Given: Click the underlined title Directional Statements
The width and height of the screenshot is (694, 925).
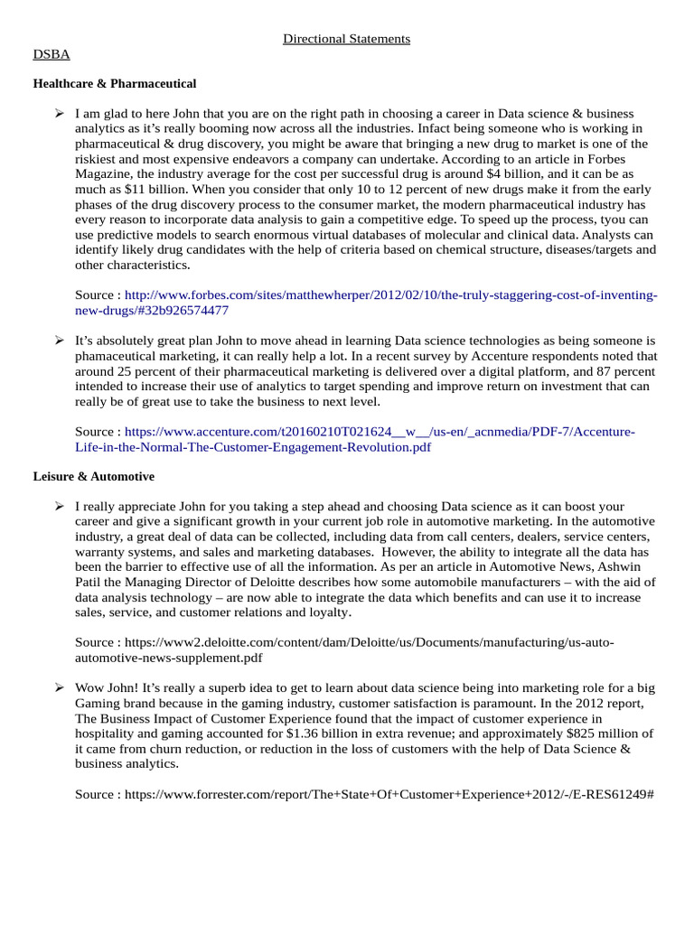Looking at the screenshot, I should [x=347, y=39].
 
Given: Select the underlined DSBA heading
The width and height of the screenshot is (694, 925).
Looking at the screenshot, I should [x=51, y=54].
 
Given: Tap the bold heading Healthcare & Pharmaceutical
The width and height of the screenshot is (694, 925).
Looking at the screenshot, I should [x=115, y=83].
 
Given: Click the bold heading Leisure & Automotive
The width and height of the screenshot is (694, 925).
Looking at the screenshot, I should [x=94, y=476].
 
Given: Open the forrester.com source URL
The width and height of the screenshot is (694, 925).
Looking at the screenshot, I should [x=388, y=794].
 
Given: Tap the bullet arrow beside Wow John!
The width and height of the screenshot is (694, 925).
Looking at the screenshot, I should [x=59, y=688].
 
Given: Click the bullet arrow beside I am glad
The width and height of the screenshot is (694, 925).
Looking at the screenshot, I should [x=59, y=114].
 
